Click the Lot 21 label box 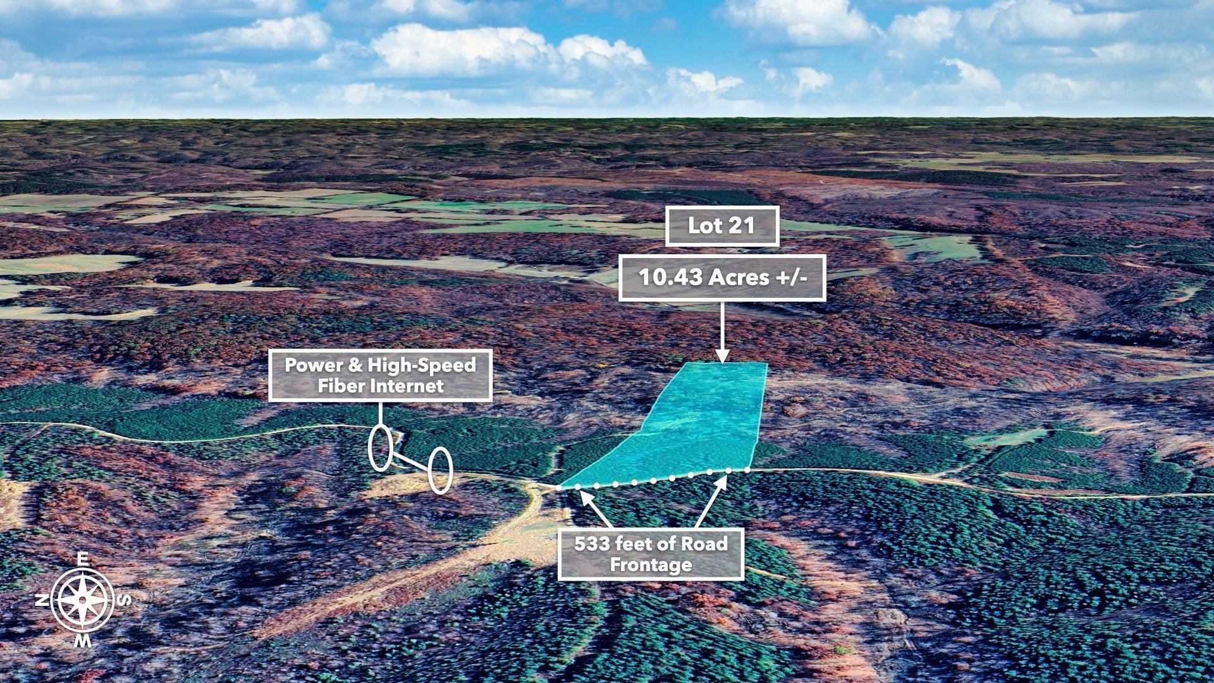click(721, 226)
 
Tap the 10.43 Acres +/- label click(722, 278)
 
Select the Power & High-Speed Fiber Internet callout click(381, 375)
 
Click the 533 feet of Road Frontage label click(651, 554)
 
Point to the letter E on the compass click(82, 558)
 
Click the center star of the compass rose click(83, 600)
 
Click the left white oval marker click(380, 448)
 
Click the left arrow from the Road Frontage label click(596, 509)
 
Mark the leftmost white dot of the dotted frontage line click(559, 488)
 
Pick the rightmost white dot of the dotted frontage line click(747, 470)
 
